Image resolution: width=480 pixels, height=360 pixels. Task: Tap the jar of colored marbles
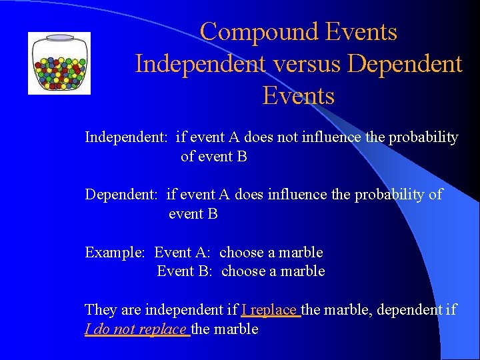pos(59,65)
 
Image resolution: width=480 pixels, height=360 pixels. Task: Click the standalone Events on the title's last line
pos(298,96)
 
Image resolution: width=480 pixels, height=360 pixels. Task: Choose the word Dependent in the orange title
pos(405,64)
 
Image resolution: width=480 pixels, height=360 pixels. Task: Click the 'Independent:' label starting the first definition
pos(126,138)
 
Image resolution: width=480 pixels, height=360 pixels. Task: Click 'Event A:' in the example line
pos(182,253)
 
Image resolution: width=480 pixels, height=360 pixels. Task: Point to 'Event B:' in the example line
pos(184,271)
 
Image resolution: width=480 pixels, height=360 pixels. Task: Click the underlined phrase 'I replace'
pos(270,310)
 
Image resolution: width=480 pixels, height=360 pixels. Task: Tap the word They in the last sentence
pos(99,310)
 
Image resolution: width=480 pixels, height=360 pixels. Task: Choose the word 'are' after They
pos(129,310)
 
